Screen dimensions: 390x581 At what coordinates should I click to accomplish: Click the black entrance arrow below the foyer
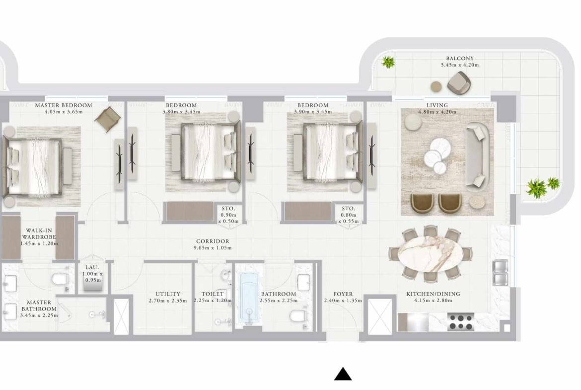pyautogui.click(x=343, y=374)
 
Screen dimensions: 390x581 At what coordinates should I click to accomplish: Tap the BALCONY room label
pyautogui.click(x=460, y=58)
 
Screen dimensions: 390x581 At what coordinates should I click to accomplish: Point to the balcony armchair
pyautogui.click(x=459, y=82)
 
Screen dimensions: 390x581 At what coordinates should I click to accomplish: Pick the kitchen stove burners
pyautogui.click(x=460, y=321)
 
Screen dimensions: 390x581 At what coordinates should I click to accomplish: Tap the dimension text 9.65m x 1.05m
pyautogui.click(x=214, y=247)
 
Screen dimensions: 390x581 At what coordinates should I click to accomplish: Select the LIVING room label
pyautogui.click(x=437, y=105)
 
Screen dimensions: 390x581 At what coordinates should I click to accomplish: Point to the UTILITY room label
pyautogui.click(x=167, y=294)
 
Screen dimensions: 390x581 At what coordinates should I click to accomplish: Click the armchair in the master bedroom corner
pyautogui.click(x=108, y=119)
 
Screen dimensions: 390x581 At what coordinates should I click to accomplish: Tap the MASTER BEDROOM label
pyautogui.click(x=63, y=105)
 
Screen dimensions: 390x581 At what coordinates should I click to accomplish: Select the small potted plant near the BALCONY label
pyautogui.click(x=388, y=62)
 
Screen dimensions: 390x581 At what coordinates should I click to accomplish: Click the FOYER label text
pyautogui.click(x=343, y=294)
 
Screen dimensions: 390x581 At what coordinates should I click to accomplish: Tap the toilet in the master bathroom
pyautogui.click(x=62, y=281)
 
